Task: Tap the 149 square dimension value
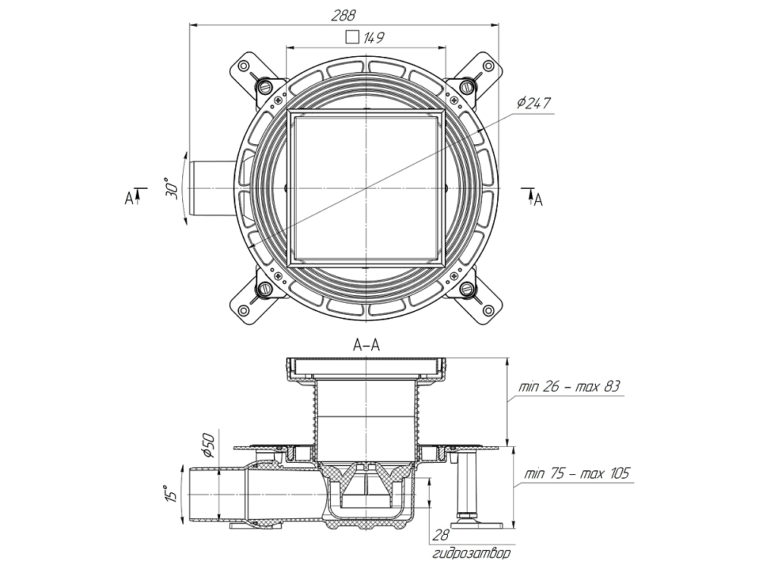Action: pos(373,37)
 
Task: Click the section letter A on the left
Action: pos(129,199)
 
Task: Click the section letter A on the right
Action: pos(538,200)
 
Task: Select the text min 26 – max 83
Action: pos(569,387)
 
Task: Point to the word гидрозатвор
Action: pos(471,554)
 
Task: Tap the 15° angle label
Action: pos(173,493)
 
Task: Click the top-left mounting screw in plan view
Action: pos(265,86)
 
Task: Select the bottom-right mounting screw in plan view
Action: pos(467,289)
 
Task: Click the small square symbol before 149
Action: pos(351,36)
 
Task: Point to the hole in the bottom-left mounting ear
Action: pos(244,309)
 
